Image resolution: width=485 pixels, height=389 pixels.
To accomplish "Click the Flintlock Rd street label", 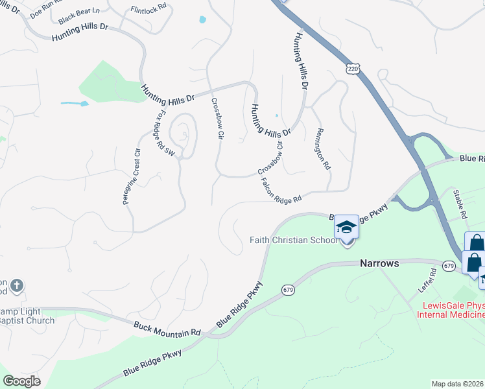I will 148,10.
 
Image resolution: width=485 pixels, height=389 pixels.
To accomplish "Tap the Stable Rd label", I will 462,203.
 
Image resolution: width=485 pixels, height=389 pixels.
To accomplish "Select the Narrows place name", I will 379,264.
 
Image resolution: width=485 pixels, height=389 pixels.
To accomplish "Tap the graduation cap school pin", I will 346,227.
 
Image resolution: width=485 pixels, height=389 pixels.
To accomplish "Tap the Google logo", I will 21,381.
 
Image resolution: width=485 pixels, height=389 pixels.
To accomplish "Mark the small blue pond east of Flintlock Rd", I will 203,20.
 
